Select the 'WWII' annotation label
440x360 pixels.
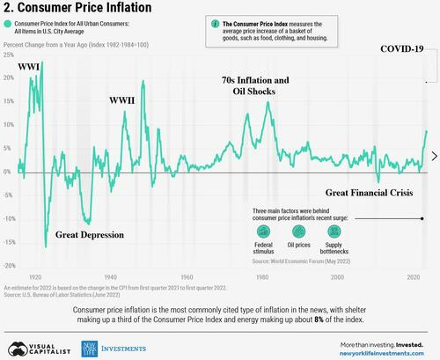tap(121, 100)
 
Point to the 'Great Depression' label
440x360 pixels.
tap(90, 235)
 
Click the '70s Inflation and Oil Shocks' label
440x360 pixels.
tap(255, 85)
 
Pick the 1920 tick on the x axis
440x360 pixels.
tap(35, 277)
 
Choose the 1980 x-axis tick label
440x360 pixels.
tap(263, 277)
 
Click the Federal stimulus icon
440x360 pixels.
tap(263, 230)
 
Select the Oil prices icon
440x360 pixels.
tap(301, 230)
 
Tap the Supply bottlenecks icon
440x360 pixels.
tap(339, 230)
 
